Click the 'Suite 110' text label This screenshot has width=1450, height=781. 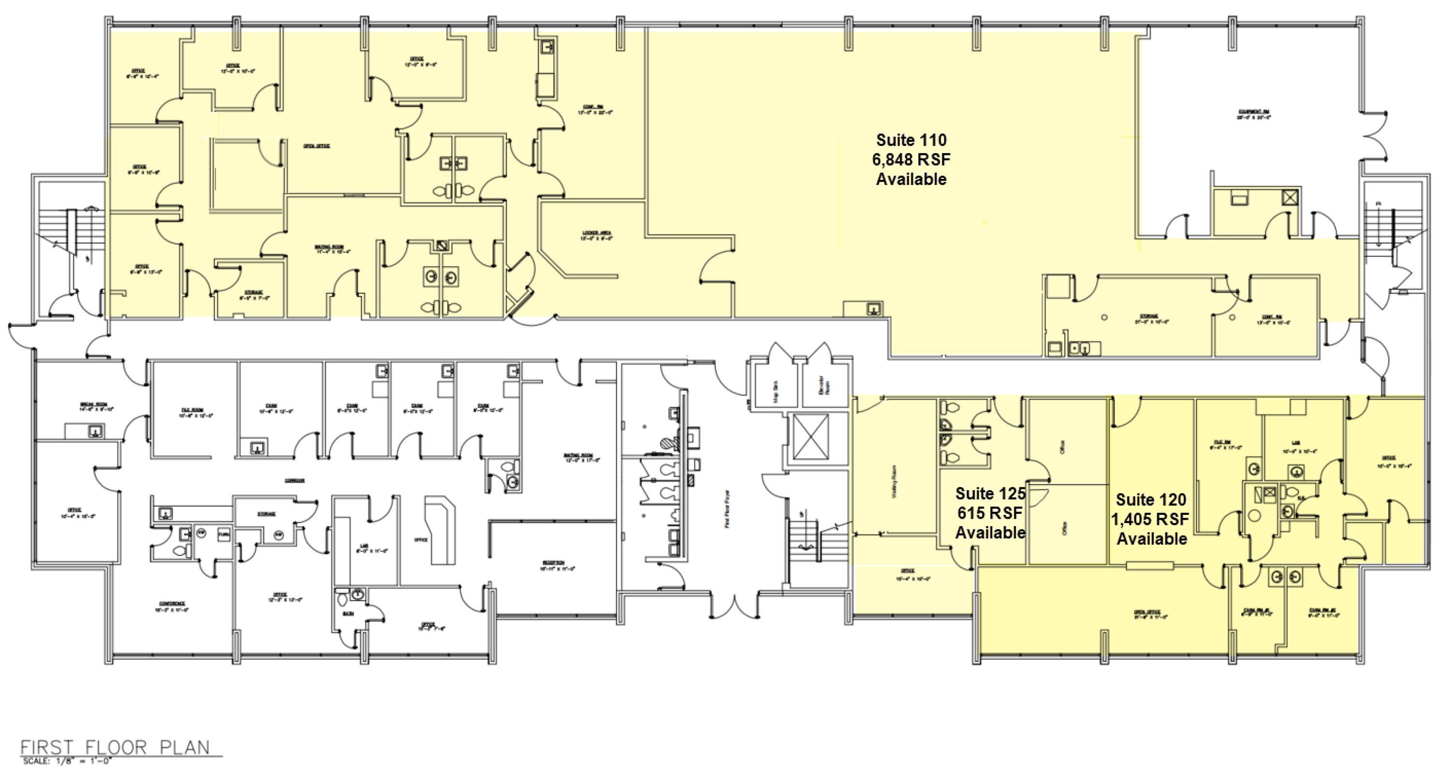click(x=911, y=140)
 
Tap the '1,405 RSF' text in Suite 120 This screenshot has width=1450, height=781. click(x=1150, y=519)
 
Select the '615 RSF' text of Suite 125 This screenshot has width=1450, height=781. click(x=989, y=512)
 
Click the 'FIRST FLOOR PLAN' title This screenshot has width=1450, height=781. click(x=115, y=747)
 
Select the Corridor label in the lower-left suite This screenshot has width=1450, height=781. click(x=294, y=481)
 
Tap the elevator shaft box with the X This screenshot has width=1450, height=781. click(x=811, y=436)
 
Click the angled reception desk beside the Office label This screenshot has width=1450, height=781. click(x=442, y=529)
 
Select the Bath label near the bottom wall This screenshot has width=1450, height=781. click(x=348, y=613)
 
